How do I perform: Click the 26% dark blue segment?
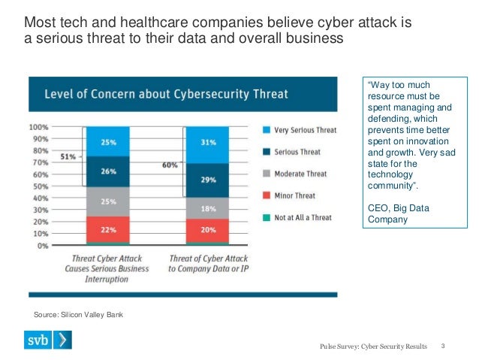click(x=108, y=171)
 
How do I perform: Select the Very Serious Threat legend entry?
click(x=300, y=130)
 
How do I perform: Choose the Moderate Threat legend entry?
click(x=300, y=174)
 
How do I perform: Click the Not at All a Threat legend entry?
click(x=300, y=216)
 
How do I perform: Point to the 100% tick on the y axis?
click(x=38, y=127)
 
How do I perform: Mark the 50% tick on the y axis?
click(x=40, y=186)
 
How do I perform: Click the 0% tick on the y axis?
click(x=43, y=245)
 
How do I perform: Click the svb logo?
click(x=53, y=340)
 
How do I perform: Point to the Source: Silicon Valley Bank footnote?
click(x=78, y=314)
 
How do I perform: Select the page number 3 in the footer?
click(x=444, y=346)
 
